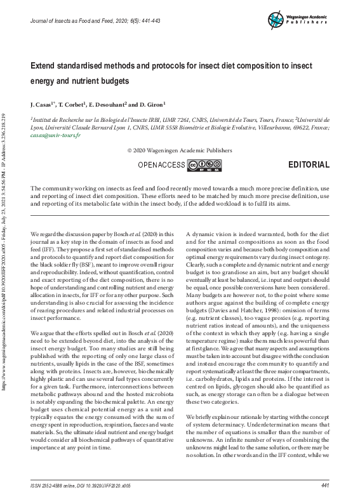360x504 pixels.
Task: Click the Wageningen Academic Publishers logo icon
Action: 277,19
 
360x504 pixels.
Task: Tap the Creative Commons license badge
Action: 204,166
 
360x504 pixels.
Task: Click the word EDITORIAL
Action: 309,165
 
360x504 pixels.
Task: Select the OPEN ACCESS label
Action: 161,166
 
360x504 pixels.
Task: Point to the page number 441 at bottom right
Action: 325,486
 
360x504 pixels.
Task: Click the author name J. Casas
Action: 43,103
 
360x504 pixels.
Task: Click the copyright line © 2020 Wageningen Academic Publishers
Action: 180,151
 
